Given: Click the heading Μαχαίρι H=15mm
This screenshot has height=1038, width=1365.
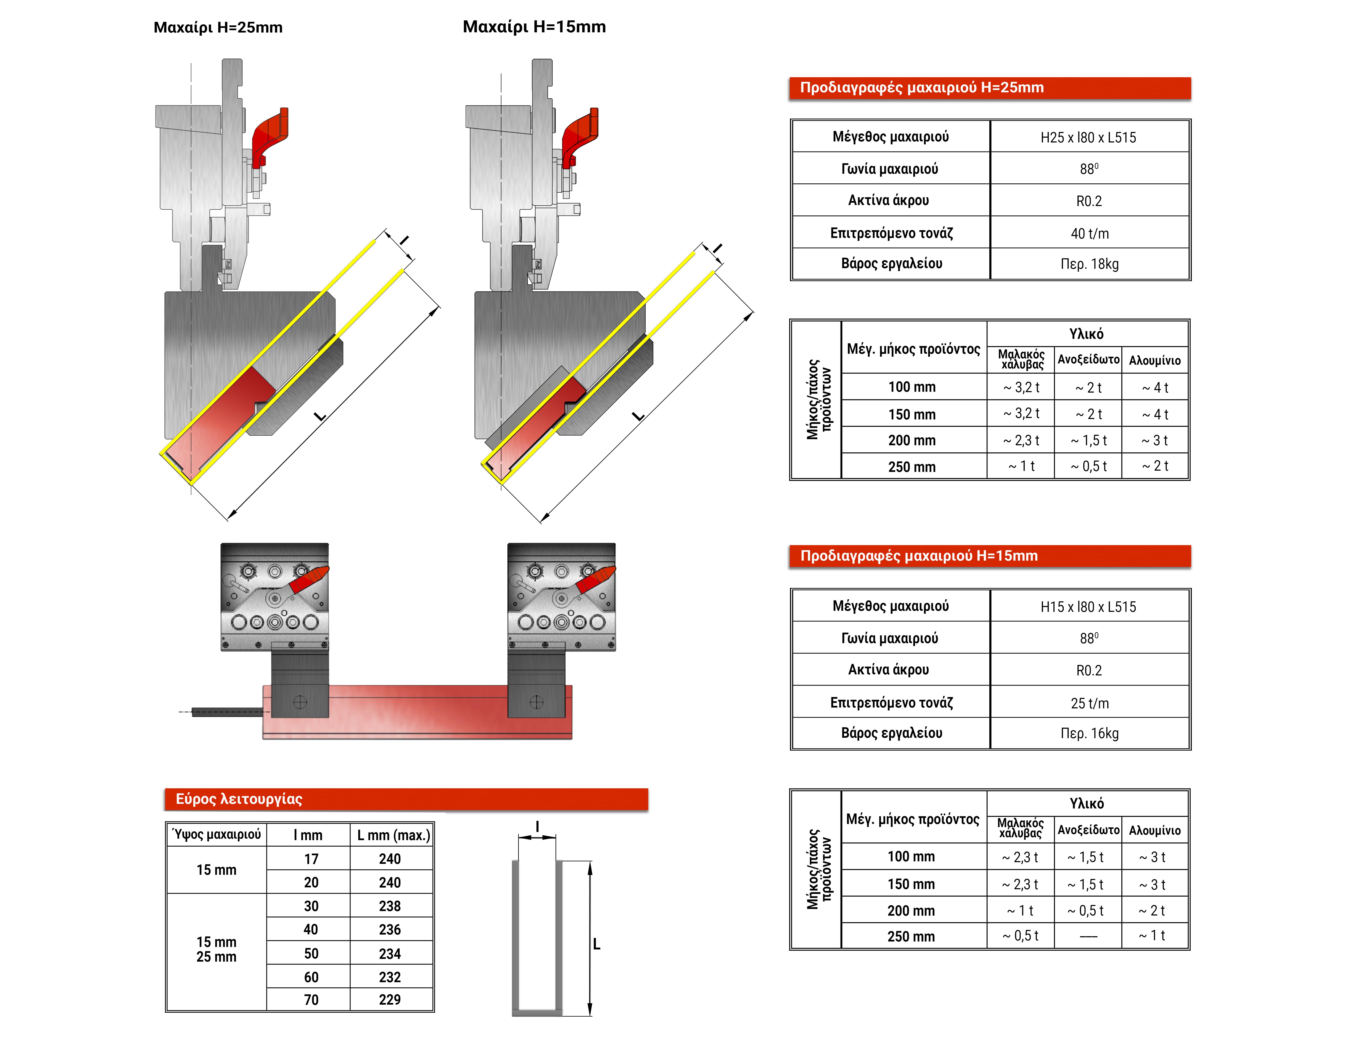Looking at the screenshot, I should coord(534,27).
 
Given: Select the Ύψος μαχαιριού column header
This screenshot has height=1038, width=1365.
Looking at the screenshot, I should coord(217,835).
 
